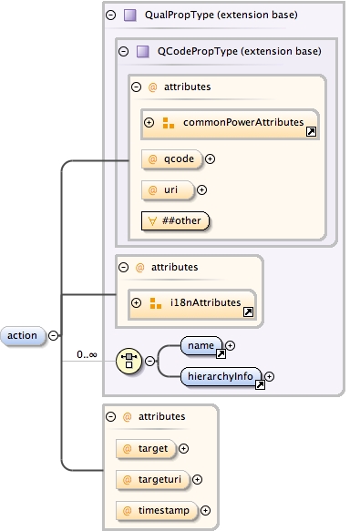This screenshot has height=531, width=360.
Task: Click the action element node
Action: tap(23, 335)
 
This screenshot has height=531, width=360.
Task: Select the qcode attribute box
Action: tap(173, 158)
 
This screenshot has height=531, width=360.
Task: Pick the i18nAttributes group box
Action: tap(191, 302)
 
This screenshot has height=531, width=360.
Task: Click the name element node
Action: tap(201, 345)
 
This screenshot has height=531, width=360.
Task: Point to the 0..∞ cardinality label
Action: tap(87, 353)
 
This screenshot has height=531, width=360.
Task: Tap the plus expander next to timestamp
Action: tap(205, 510)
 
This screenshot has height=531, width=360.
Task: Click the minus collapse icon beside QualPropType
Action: tap(110, 15)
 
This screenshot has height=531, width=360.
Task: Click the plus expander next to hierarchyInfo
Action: tap(270, 375)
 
